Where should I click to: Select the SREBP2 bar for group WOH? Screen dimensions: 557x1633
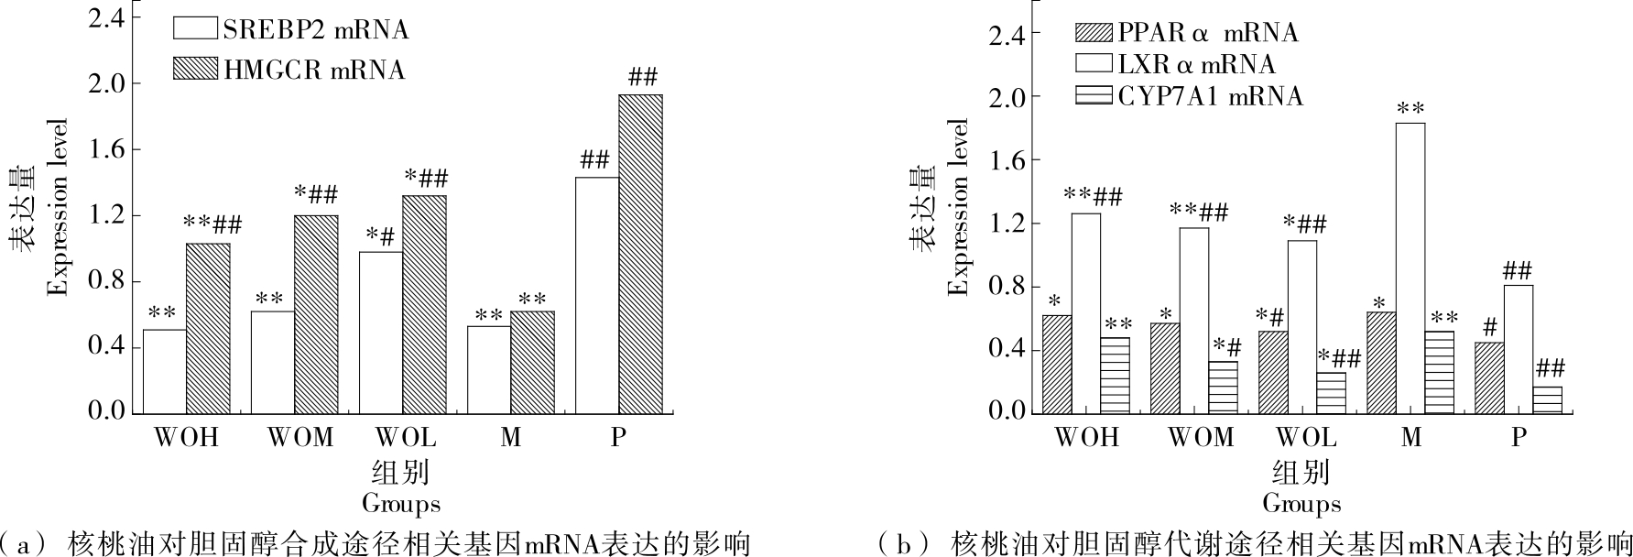click(165, 370)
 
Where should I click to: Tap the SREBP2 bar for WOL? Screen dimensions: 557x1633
click(381, 332)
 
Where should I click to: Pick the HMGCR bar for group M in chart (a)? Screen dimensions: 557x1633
click(532, 361)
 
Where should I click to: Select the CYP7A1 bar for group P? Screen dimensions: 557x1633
click(1548, 399)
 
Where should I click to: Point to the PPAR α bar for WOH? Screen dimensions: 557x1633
click(1057, 364)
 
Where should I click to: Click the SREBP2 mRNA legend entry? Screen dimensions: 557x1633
click(291, 29)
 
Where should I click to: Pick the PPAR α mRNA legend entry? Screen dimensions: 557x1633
click(1186, 33)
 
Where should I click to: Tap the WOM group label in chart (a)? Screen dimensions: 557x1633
click(300, 438)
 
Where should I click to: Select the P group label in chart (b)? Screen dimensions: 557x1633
click(1519, 438)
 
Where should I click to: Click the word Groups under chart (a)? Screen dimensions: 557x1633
click(400, 503)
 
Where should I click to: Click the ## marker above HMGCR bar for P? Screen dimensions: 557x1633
click(642, 77)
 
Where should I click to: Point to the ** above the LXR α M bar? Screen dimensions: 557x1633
click(1411, 109)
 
